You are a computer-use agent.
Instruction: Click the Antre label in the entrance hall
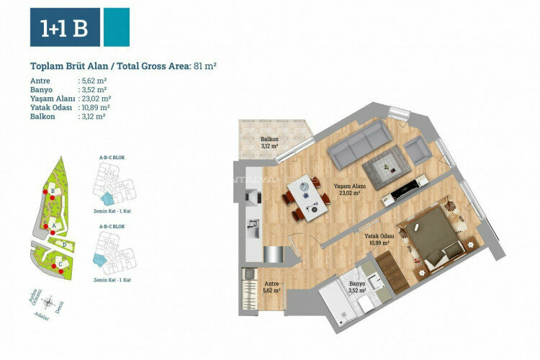tap(271, 287)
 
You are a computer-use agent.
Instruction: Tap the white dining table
tap(305, 192)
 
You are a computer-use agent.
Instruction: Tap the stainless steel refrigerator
tap(274, 254)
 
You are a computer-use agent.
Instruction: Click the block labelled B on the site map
tap(53, 192)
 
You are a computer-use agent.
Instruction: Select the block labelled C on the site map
tap(60, 264)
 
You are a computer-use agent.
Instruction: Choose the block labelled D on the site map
tap(65, 245)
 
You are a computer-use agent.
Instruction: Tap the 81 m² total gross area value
tap(204, 66)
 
